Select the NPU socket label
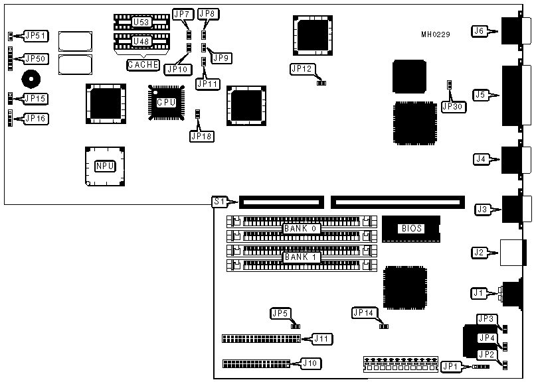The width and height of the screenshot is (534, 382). pos(104,165)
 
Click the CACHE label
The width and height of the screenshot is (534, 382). pos(143,65)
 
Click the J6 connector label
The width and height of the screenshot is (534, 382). pos(479,30)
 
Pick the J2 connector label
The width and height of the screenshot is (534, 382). pos(479,252)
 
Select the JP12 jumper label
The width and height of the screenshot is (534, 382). pos(301,68)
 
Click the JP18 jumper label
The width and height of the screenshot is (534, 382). pos(199,135)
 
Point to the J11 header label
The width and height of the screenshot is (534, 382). pos(322,339)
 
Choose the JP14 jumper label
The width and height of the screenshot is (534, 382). pos(363,312)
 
